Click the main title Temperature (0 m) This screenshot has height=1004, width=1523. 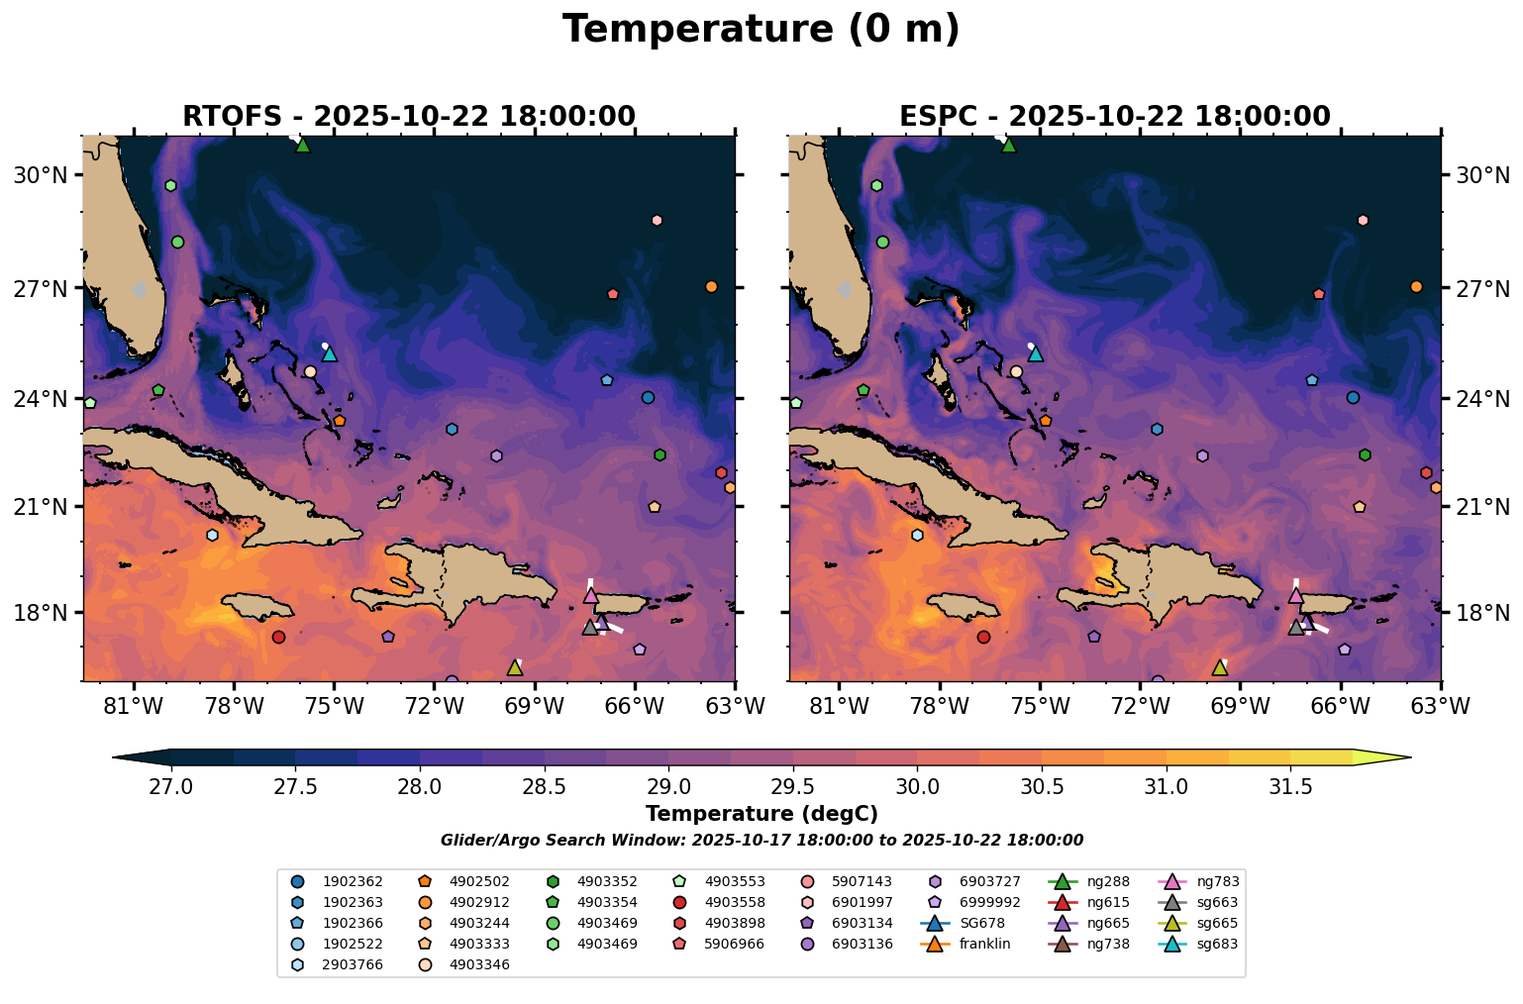pos(761,30)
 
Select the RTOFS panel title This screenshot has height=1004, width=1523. pos(408,117)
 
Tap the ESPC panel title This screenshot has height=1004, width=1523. pos(1114,117)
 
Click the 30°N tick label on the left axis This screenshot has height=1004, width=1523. pos(40,176)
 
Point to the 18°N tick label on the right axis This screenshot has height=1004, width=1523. pos(1482,614)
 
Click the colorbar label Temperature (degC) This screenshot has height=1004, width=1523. pos(761,814)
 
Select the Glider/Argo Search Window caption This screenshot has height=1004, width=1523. pos(761,841)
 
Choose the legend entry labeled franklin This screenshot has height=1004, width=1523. pos(984,944)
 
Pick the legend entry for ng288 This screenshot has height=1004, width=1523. pos(1107,881)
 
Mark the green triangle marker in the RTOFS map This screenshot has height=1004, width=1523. pos(303,146)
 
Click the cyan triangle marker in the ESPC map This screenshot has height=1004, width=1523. pos(1036,353)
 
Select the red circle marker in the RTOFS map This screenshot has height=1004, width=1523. pos(278,637)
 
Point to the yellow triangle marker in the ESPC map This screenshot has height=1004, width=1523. pos(1220,668)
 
